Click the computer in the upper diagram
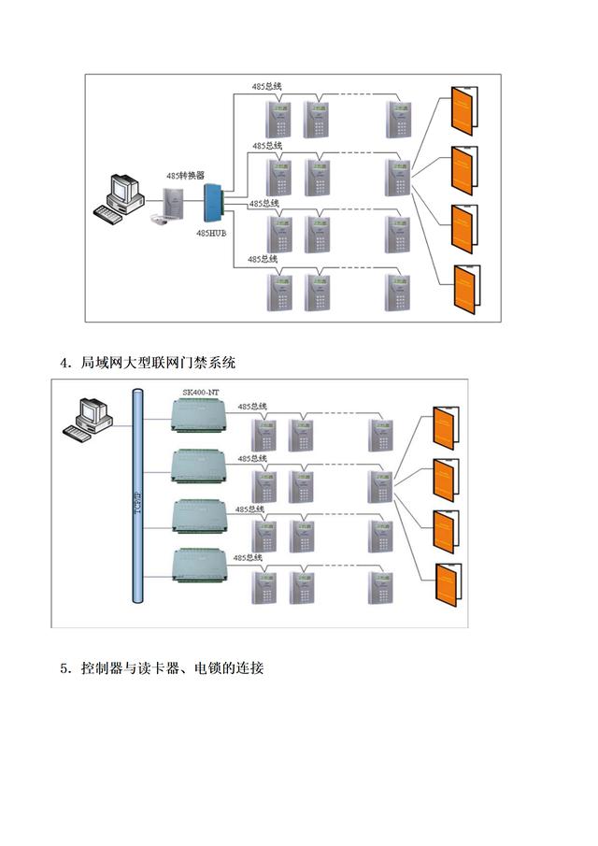121,195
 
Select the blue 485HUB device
213,205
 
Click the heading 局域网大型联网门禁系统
158,362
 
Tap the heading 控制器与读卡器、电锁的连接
173,667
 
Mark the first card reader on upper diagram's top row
278,117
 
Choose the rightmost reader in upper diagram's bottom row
397,292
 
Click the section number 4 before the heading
64,363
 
